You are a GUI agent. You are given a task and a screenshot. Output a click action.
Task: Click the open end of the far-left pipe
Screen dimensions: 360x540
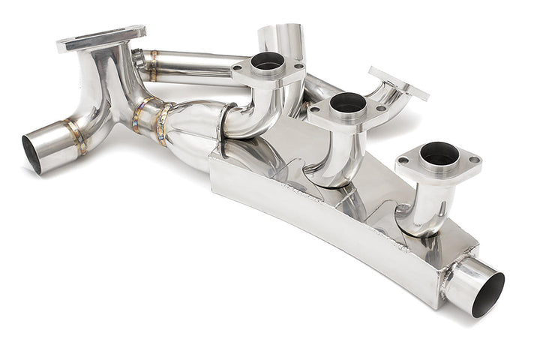tap(33, 153)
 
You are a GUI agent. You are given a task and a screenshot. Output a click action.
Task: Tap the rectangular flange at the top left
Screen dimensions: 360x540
tap(100, 38)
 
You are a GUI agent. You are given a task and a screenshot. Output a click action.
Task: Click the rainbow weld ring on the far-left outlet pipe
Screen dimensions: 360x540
tap(75, 136)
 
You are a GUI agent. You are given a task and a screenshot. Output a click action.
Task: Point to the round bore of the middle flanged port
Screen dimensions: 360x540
tap(348, 103)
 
